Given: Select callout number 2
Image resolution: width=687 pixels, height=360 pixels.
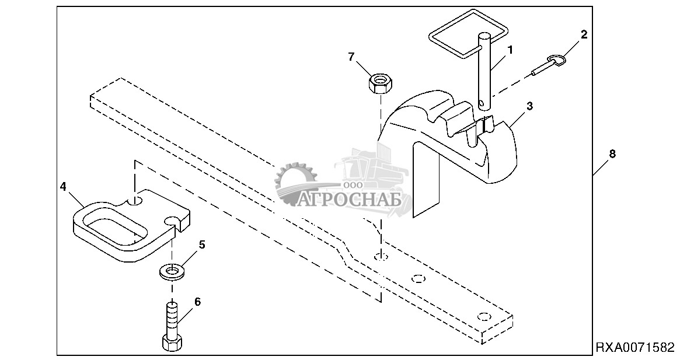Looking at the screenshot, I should (583, 34).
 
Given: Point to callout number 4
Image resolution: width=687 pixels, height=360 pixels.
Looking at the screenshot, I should (62, 187).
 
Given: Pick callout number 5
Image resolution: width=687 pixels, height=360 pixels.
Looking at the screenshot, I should (202, 244).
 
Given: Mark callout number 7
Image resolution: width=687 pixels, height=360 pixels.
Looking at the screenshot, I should (351, 57).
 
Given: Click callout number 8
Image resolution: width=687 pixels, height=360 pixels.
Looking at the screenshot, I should (612, 154).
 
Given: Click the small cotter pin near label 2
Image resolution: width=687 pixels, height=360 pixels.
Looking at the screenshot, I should (549, 64).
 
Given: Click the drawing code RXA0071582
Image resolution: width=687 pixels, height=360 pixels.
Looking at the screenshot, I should (634, 348).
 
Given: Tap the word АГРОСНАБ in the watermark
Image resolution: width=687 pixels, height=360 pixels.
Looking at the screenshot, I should (350, 200).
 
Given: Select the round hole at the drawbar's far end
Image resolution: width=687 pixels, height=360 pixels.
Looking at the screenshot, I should (482, 316).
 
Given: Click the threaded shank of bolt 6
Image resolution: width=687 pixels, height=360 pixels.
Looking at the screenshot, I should (172, 318).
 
